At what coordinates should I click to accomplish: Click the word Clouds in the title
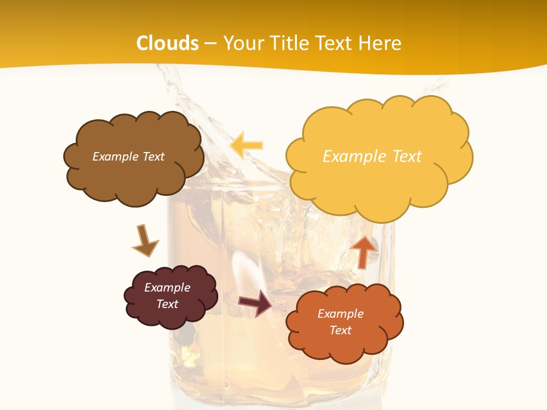click(x=168, y=43)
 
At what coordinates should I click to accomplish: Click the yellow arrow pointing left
click(x=247, y=145)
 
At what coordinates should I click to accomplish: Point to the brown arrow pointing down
click(x=144, y=240)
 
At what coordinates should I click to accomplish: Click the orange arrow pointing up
click(x=364, y=251)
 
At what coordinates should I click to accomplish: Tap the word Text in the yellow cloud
click(x=407, y=156)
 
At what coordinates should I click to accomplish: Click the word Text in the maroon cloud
click(x=168, y=304)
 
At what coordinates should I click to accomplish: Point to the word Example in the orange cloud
click(x=340, y=314)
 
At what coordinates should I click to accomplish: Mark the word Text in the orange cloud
click(x=340, y=330)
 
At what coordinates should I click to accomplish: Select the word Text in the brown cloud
click(x=153, y=157)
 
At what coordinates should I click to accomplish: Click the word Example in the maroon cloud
click(x=168, y=288)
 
